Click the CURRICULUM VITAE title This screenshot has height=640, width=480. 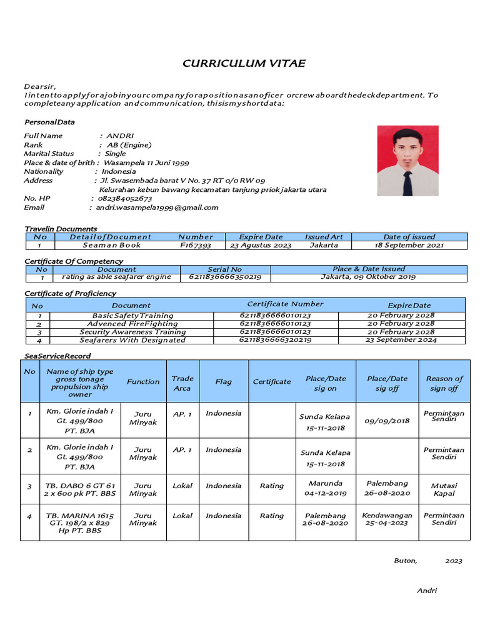[244, 64]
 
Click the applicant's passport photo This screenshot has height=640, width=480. [407, 161]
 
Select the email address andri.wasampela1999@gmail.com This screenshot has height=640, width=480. [157, 207]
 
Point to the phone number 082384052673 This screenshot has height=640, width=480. [125, 198]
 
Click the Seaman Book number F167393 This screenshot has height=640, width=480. [196, 246]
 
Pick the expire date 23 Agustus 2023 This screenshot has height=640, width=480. [261, 246]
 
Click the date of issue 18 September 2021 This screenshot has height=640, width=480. [409, 246]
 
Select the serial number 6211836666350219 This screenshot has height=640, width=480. [225, 277]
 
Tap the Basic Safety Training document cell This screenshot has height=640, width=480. [132, 316]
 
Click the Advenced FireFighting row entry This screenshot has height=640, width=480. [132, 324]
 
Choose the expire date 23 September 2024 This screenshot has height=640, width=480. [401, 340]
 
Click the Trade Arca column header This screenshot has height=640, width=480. [182, 383]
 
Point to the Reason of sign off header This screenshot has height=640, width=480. [444, 383]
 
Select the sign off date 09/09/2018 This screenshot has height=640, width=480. [387, 421]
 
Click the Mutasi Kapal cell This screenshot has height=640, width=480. [444, 489]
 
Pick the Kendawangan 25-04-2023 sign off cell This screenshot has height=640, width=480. [387, 519]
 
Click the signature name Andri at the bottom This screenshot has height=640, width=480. [427, 591]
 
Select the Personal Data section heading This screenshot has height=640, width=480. [49, 122]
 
